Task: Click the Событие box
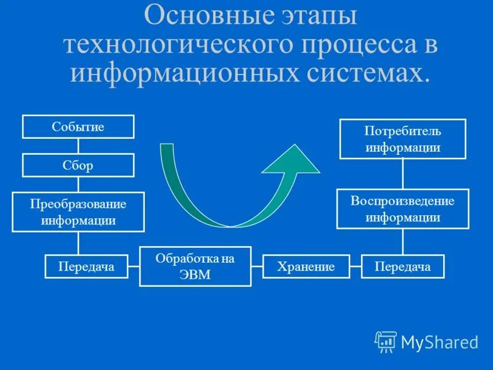pos(78,127)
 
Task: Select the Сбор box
pos(78,165)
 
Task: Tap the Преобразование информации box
pos(78,212)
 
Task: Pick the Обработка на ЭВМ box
pos(195,266)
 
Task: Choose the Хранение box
pos(306,266)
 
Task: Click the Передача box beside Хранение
pos(402,266)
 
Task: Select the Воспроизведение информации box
pos(402,209)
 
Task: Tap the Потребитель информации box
pos(403,139)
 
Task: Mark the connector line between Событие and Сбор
pos(78,146)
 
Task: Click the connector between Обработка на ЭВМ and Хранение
pos(257,266)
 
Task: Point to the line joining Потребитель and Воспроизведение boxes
pos(402,174)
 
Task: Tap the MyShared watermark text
pos(439,342)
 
